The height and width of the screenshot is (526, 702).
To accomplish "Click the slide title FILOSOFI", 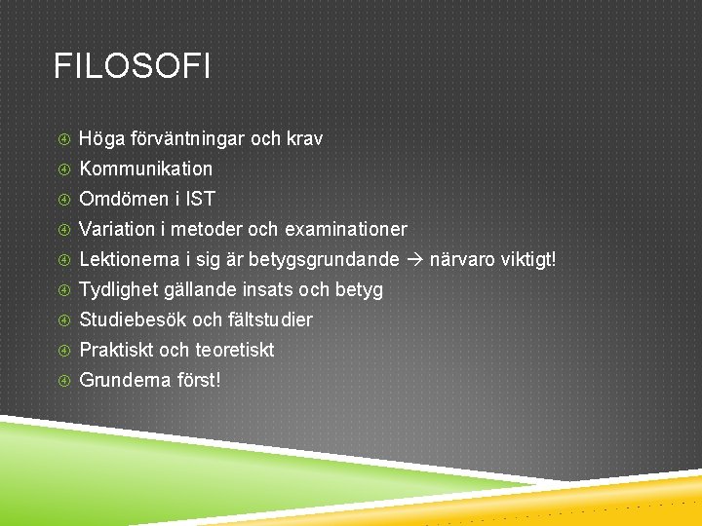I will [132, 67].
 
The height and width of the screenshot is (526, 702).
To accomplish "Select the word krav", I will [304, 138].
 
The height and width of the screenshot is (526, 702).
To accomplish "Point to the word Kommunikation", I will [145, 169].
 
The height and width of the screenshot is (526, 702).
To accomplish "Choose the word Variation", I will [117, 229].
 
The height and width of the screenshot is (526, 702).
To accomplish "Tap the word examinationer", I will [346, 229].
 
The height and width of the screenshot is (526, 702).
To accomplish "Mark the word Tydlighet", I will [118, 289].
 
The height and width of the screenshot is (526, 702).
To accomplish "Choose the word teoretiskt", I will [235, 350].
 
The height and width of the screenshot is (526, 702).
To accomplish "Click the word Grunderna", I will [123, 380].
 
